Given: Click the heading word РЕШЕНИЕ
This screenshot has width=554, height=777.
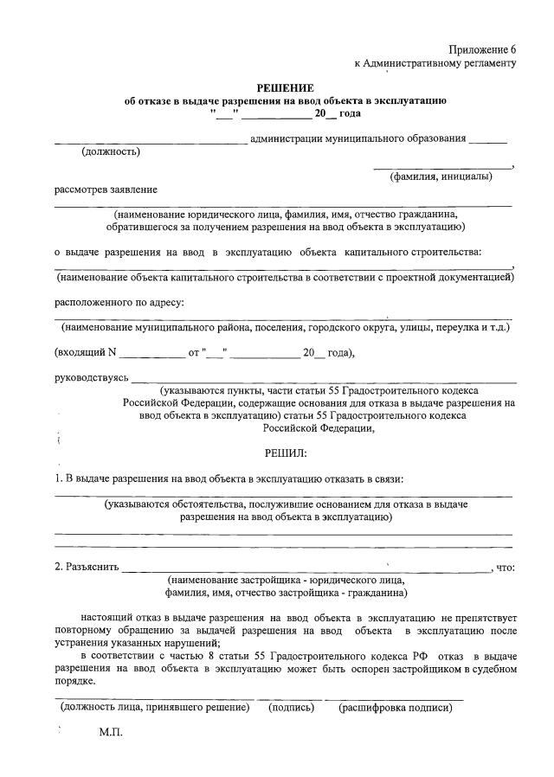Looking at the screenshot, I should pos(285,88).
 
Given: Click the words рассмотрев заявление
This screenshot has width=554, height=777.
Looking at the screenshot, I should pos(106,189).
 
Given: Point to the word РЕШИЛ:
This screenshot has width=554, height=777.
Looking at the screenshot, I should pos(285,453).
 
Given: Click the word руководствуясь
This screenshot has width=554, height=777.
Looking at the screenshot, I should pos(92,377).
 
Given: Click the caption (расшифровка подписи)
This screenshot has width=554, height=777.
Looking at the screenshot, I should pos(395,707).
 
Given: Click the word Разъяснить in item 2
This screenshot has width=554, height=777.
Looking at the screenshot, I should pos(87,568).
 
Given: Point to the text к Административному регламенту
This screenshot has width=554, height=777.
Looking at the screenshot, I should pos(435,63).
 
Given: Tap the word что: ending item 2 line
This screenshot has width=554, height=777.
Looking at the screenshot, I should pos(506,568).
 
